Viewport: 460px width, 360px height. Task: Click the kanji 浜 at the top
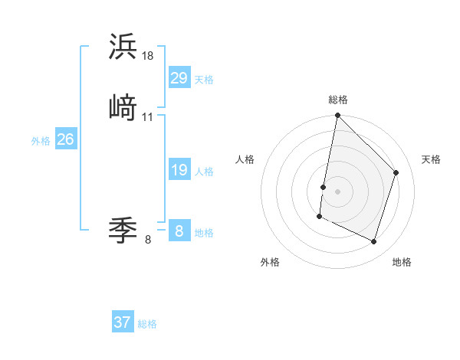coord(123,47)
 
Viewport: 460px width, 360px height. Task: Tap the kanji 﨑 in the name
coord(123,108)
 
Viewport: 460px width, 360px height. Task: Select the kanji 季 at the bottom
coord(123,230)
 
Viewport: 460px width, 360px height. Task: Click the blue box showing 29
coord(179,77)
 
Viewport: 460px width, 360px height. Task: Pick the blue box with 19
coord(179,170)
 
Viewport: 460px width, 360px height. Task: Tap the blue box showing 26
coord(65,139)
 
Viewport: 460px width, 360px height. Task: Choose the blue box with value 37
coord(122,322)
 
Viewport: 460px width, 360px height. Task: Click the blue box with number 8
coord(179,231)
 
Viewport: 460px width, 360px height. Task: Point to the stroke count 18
coord(148,56)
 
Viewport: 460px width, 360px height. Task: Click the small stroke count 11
coord(148,117)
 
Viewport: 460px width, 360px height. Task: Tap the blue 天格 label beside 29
coord(204,80)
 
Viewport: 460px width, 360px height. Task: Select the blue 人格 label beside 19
coord(204,172)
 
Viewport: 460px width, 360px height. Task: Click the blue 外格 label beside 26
coord(41,141)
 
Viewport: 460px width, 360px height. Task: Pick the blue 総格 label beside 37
coord(147,324)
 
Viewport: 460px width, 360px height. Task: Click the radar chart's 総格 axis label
coord(338,100)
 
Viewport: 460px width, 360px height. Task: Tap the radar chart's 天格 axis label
coord(432,159)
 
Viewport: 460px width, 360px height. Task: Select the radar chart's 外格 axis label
coord(270,262)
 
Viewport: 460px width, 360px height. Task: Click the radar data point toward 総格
coord(337,116)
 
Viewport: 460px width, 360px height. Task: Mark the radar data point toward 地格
coord(374,242)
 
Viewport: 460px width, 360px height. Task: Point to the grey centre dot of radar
coord(337,191)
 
